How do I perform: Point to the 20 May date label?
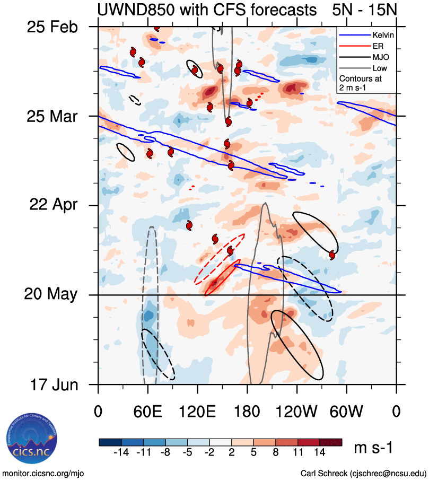pyautogui.click(x=51, y=294)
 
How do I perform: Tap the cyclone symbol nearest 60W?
pyautogui.click(x=332, y=255)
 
